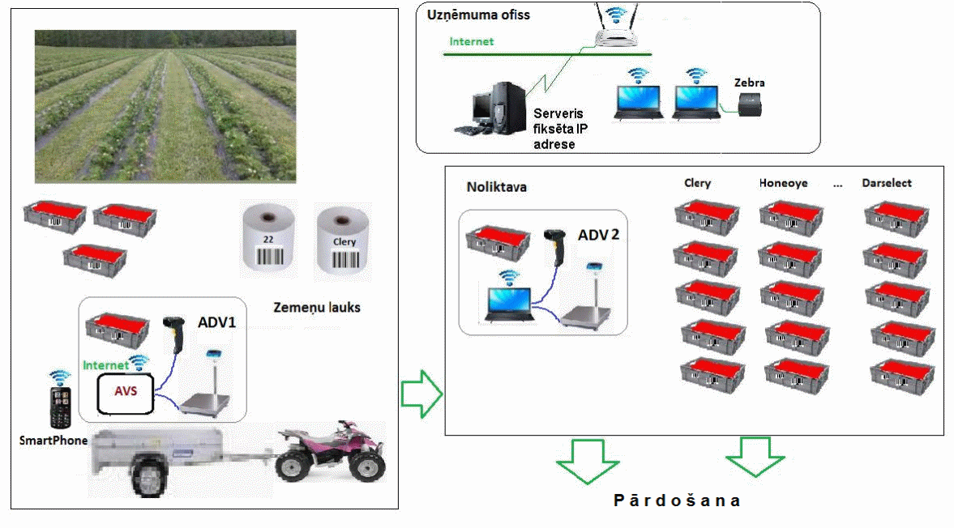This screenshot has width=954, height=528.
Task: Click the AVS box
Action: [x=126, y=393]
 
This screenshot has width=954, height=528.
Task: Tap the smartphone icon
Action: [x=60, y=407]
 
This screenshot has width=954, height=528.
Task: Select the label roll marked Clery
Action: [x=343, y=241]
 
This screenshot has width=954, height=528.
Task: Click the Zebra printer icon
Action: [x=750, y=105]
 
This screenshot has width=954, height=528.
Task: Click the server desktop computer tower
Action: [x=509, y=107]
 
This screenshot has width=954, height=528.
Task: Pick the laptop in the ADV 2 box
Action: [x=510, y=303]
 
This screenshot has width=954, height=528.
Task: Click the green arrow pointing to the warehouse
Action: [x=421, y=394]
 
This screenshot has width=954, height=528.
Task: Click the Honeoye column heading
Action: [x=783, y=183]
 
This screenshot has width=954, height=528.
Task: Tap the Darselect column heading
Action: [x=887, y=183]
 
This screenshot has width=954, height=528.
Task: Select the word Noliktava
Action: [x=497, y=187]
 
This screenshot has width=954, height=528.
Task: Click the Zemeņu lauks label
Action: [x=316, y=308]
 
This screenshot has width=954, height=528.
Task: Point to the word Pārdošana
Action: [x=677, y=500]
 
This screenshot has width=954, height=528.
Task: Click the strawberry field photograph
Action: [x=165, y=106]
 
